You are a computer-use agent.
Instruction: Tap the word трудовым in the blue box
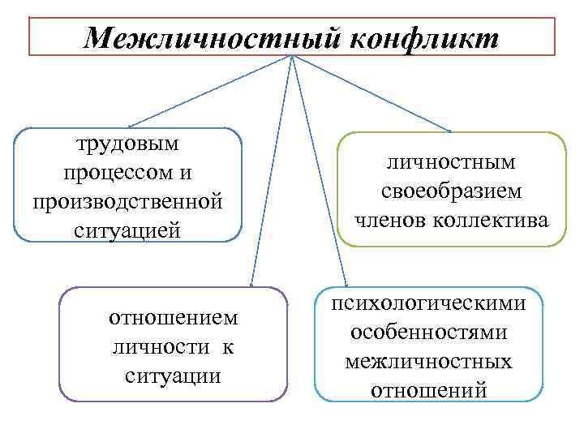click(127, 144)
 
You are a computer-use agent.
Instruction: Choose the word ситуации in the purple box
click(174, 376)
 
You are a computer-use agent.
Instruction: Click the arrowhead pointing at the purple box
click(252, 284)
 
